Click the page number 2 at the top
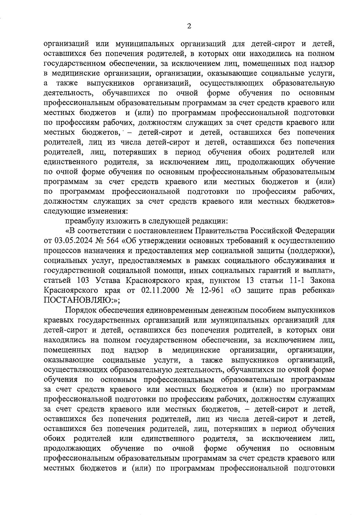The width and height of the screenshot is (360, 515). pos(189,26)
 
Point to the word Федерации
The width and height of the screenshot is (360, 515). pos(315,231)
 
